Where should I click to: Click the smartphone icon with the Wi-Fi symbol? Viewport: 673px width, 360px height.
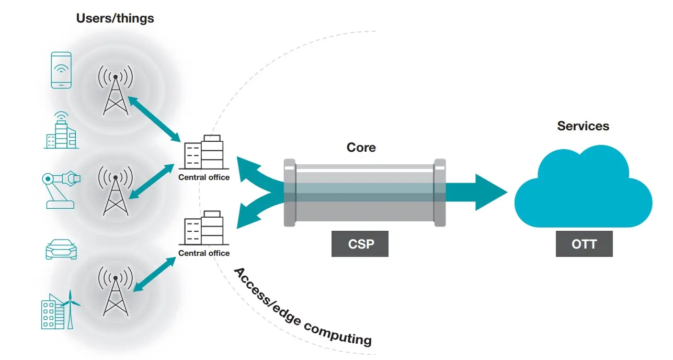click(x=61, y=70)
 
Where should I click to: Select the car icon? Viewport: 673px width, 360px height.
click(x=61, y=250)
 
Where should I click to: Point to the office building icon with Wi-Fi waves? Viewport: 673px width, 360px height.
click(x=60, y=131)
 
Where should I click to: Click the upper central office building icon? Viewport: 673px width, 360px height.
click(x=204, y=152)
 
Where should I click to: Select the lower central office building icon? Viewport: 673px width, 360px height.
click(x=204, y=228)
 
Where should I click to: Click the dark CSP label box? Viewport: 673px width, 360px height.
click(x=360, y=244)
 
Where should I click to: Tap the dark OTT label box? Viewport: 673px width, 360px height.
click(x=584, y=244)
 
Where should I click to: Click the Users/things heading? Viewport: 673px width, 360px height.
click(x=115, y=18)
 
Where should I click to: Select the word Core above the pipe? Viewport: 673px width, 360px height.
click(x=361, y=148)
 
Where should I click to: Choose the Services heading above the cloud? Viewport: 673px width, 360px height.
click(x=583, y=126)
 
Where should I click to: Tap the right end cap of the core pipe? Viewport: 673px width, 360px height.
click(x=440, y=193)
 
